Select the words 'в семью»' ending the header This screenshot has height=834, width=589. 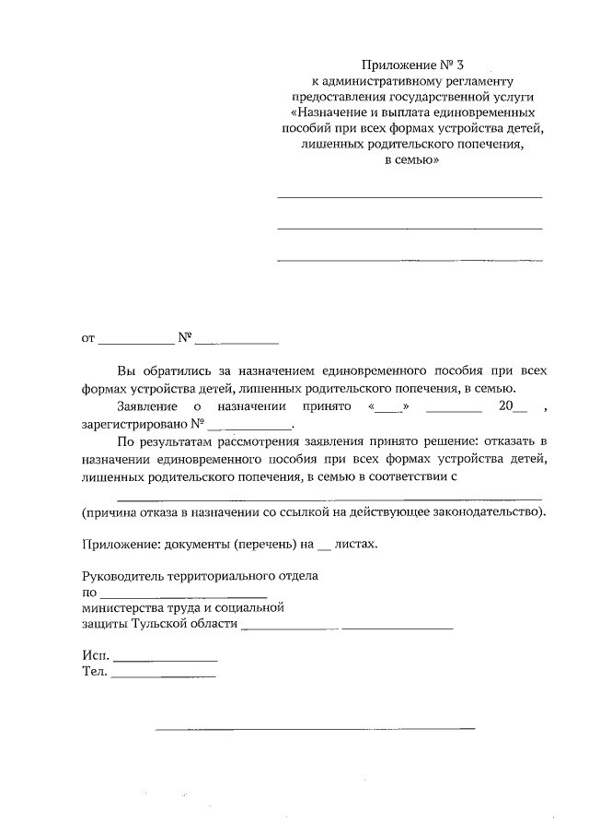pyautogui.click(x=410, y=159)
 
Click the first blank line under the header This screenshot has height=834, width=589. pyautogui.click(x=410, y=196)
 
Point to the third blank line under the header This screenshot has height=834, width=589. pyautogui.click(x=410, y=259)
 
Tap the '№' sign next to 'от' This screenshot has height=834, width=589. pyautogui.click(x=183, y=336)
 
